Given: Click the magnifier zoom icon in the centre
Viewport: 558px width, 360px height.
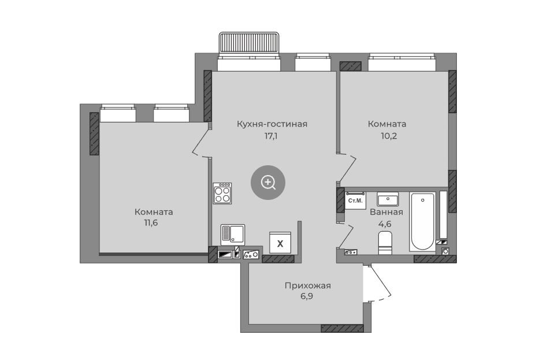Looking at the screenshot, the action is [268, 183].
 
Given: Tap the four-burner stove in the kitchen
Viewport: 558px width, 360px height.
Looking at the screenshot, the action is [222, 193].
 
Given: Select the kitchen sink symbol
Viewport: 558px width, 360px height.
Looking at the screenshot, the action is [233, 235].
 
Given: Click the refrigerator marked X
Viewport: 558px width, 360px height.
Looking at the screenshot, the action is [280, 243].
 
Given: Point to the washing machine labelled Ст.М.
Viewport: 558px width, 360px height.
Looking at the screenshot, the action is [355, 201].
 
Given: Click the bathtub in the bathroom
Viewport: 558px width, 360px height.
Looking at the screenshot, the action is [422, 221].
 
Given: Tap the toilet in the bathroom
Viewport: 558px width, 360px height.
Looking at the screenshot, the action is [385, 243].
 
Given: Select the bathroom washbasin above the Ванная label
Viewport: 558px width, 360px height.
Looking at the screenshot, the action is [388, 199].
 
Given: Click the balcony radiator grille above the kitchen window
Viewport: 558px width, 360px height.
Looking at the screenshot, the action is [249, 43].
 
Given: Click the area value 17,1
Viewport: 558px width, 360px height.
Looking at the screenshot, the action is [271, 136].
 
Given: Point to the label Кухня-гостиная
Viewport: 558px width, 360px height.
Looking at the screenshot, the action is [272, 124].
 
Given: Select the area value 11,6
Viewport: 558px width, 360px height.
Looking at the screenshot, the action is [151, 223].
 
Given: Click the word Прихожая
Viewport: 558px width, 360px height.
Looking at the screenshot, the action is [308, 285].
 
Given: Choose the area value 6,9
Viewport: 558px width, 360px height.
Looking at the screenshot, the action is [307, 296].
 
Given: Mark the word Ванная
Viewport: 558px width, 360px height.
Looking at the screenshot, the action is [386, 212].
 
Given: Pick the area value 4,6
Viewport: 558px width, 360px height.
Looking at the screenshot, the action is [385, 224].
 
